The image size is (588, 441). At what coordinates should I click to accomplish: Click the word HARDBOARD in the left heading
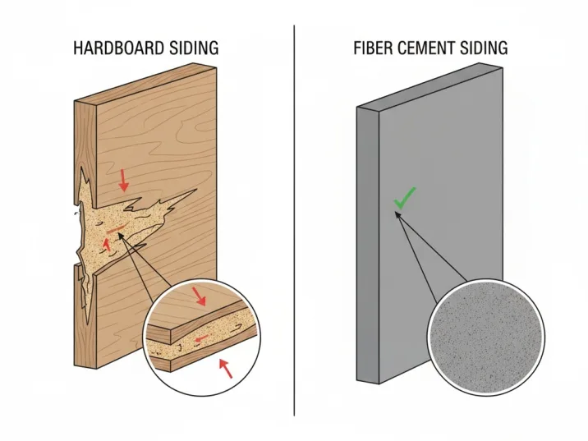118,48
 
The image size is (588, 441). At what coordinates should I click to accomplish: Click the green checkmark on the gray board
404,199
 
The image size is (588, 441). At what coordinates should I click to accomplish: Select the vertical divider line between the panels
294,220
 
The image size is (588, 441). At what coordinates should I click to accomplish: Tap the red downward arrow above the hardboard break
123,181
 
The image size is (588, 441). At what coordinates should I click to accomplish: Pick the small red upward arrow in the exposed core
108,245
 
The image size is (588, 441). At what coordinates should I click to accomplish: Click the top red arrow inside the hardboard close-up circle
199,296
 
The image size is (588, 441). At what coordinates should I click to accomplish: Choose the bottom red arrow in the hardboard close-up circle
226,368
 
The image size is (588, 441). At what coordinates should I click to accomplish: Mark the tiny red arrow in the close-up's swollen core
201,339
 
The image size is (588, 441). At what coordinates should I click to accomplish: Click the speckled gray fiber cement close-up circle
486,338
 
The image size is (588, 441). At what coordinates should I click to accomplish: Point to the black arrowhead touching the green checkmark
398,216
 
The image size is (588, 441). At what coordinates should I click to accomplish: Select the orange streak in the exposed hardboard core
115,229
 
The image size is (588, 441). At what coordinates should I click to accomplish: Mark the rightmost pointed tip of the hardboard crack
196,190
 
